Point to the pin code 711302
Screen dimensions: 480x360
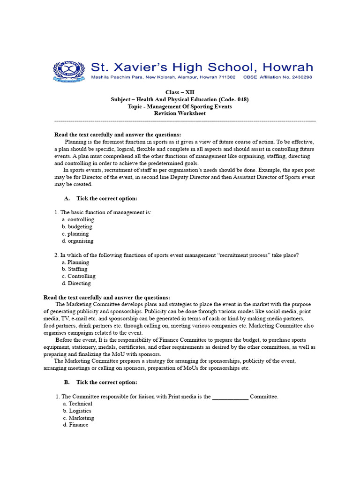226,77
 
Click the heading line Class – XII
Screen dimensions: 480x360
180,92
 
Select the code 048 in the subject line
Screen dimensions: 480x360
240,99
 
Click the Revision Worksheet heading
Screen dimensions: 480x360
180,113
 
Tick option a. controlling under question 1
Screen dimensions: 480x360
78,219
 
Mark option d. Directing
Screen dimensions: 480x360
76,283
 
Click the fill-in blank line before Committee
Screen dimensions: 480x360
230,397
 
